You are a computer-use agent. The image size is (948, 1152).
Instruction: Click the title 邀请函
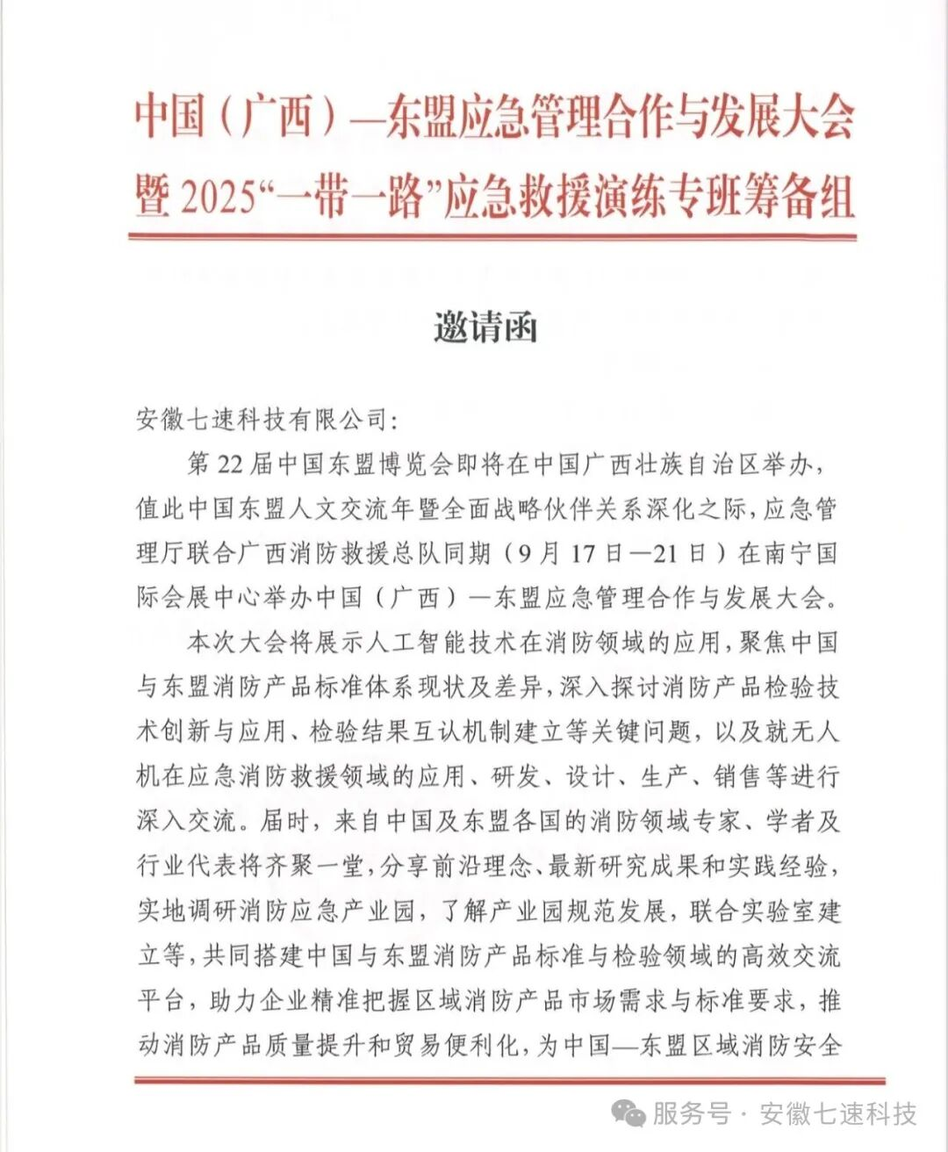(485, 328)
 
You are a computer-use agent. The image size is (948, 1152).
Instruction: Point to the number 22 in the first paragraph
(229, 464)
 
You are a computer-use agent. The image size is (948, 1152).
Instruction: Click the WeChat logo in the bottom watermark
(628, 1114)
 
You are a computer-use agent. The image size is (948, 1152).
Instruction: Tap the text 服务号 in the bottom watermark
(691, 1114)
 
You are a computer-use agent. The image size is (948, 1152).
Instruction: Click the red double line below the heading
(492, 236)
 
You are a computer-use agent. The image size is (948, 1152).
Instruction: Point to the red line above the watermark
(509, 1081)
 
